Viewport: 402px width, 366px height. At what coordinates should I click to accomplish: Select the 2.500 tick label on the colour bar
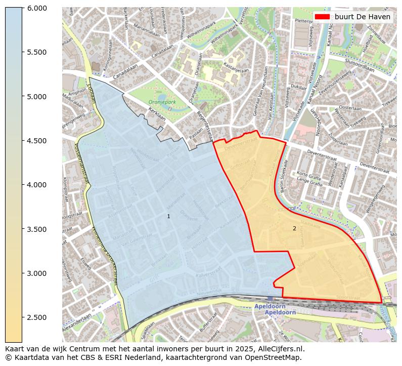[36, 317]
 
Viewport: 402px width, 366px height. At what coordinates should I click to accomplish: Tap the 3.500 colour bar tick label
[36, 229]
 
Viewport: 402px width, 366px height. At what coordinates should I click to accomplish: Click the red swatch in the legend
[322, 17]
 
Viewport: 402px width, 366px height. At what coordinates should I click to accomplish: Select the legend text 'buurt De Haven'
[362, 17]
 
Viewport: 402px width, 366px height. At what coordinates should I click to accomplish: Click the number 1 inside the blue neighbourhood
[168, 216]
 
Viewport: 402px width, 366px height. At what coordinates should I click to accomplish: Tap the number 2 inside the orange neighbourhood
[294, 228]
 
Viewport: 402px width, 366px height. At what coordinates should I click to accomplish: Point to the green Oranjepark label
[162, 102]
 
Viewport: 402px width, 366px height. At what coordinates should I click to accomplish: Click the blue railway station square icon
[271, 299]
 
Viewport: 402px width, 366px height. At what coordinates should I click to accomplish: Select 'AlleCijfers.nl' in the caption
[281, 349]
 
